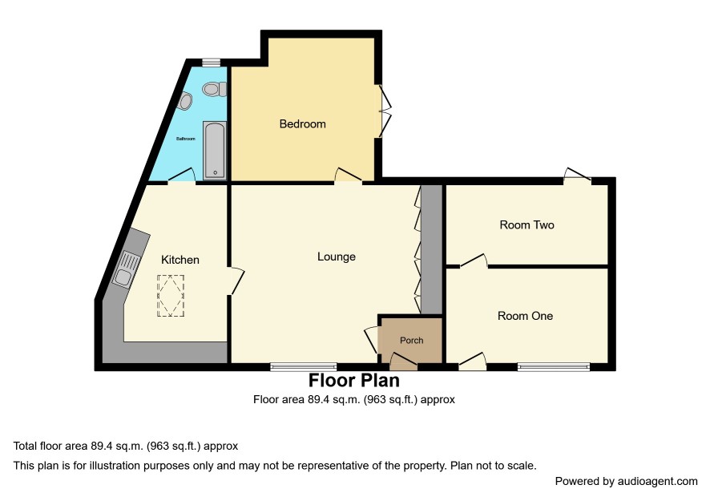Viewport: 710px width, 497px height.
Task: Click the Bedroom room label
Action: click(x=302, y=123)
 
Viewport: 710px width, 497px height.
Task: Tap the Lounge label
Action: click(x=337, y=257)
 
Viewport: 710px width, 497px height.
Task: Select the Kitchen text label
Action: click(x=180, y=260)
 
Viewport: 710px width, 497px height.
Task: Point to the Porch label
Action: click(x=412, y=340)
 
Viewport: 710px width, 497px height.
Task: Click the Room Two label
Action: click(x=526, y=224)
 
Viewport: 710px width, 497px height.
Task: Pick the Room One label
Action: click(x=525, y=316)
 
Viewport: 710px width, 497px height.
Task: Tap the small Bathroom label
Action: click(x=186, y=139)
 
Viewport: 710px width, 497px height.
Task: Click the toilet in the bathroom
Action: click(x=215, y=89)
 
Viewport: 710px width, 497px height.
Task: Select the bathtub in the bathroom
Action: click(x=214, y=151)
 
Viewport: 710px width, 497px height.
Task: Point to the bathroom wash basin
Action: click(x=186, y=102)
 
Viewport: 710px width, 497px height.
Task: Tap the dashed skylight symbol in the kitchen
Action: click(x=171, y=295)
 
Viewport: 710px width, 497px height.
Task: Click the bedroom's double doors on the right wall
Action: click(x=384, y=111)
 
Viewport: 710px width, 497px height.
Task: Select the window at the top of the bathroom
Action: click(x=211, y=62)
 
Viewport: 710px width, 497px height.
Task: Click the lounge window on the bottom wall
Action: click(x=304, y=366)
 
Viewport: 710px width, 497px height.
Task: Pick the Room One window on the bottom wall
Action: click(x=554, y=366)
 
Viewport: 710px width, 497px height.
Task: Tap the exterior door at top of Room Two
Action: click(x=577, y=176)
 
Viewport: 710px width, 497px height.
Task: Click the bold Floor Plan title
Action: click(x=354, y=381)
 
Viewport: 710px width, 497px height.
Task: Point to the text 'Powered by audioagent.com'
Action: click(x=626, y=481)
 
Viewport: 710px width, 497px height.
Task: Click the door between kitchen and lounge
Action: click(x=236, y=281)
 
